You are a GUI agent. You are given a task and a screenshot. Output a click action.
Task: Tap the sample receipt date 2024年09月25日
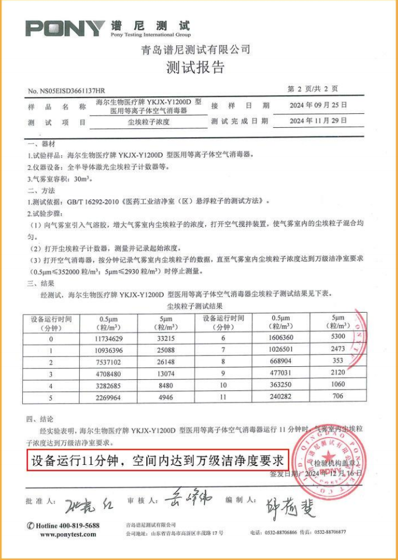pyautogui.click(x=318, y=106)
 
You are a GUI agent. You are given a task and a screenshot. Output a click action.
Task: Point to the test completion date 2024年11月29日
pyautogui.click(x=318, y=121)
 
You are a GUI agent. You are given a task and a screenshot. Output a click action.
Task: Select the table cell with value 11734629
pyautogui.click(x=108, y=338)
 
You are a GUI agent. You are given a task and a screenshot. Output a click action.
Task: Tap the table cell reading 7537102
pyautogui.click(x=108, y=362)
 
